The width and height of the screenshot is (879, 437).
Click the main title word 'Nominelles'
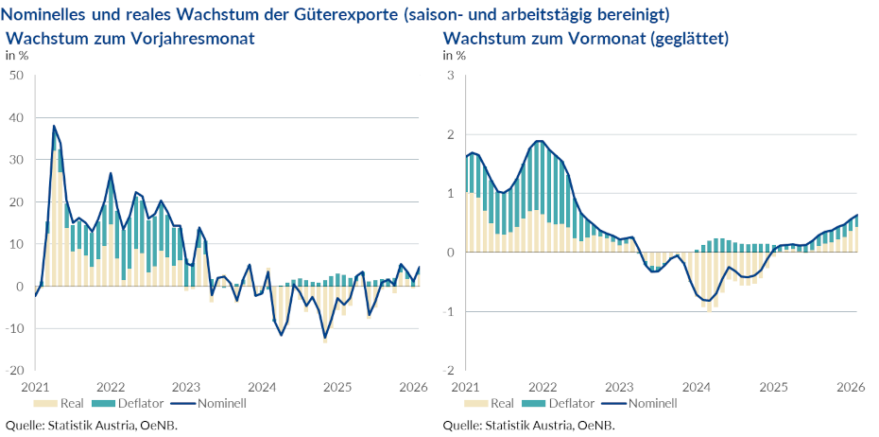[46, 15]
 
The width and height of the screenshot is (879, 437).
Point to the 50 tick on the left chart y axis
[16, 76]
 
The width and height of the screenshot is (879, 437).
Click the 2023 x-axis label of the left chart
[186, 387]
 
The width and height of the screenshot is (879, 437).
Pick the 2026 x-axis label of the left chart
[412, 387]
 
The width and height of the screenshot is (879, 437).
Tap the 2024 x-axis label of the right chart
[697, 387]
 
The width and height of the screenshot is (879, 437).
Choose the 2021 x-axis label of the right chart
[466, 387]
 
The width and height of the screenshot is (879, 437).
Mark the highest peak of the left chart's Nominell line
[54, 126]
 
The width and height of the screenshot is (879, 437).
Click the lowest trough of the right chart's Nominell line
[706, 301]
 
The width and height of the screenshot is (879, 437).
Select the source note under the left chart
[92, 425]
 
